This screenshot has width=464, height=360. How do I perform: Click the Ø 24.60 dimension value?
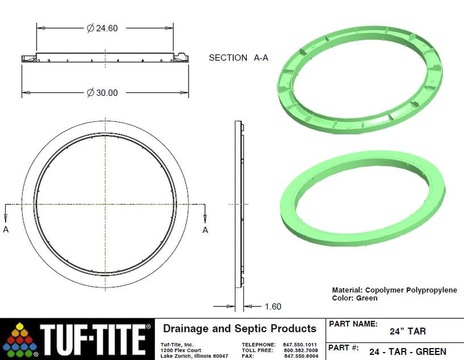pyautogui.click(x=103, y=28)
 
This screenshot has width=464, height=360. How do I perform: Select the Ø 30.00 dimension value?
pyautogui.click(x=103, y=93)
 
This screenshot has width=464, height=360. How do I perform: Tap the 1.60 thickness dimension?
pyautogui.click(x=272, y=306)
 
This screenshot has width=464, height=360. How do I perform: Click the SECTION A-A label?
pyautogui.click(x=238, y=58)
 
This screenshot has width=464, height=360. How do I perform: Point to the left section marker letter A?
pyautogui.click(x=6, y=230)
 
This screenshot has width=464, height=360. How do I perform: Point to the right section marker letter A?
pyautogui.click(x=205, y=230)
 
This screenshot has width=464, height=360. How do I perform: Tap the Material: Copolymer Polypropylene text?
pyautogui.click(x=394, y=290)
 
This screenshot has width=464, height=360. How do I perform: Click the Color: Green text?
pyautogui.click(x=355, y=298)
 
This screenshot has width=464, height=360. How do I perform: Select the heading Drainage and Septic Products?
pyautogui.click(x=239, y=329)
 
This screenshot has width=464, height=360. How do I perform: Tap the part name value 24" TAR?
pyautogui.click(x=408, y=332)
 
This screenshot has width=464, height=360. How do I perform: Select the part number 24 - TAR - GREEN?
pyautogui.click(x=408, y=351)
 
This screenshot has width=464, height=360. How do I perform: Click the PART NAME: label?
pyautogui.click(x=353, y=324)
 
